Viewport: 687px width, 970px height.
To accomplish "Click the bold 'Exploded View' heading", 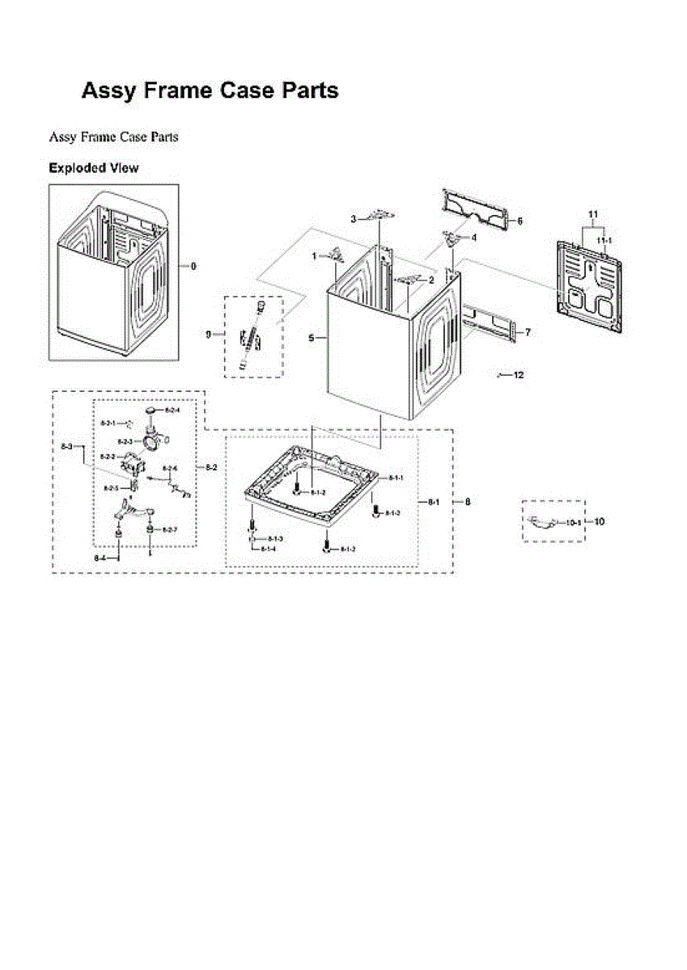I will tap(93, 168).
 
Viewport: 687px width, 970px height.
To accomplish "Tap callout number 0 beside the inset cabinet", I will tap(193, 266).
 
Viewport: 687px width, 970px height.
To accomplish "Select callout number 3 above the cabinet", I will tap(353, 219).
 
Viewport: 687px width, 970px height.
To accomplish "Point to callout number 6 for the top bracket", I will tap(519, 221).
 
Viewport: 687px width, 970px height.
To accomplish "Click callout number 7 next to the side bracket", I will tap(528, 332).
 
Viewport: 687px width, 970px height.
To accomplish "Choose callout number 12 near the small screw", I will tap(519, 375).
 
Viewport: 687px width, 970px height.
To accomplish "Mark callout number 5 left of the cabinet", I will tap(312, 339).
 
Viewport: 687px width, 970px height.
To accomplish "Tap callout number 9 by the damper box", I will tap(208, 334).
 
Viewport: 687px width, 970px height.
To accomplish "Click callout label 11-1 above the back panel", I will tap(604, 241).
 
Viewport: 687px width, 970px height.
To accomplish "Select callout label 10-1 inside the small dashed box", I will tap(573, 523).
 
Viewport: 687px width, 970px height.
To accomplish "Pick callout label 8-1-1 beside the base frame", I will tap(396, 479).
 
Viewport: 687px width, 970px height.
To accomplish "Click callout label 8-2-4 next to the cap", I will tap(172, 411).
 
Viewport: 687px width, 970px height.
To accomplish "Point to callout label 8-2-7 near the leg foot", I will tap(169, 529).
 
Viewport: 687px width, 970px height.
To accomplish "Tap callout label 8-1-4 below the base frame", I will tap(268, 549).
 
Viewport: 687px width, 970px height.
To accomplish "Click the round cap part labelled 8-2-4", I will tap(151, 413).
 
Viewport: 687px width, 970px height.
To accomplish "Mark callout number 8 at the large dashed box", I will tap(467, 502).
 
